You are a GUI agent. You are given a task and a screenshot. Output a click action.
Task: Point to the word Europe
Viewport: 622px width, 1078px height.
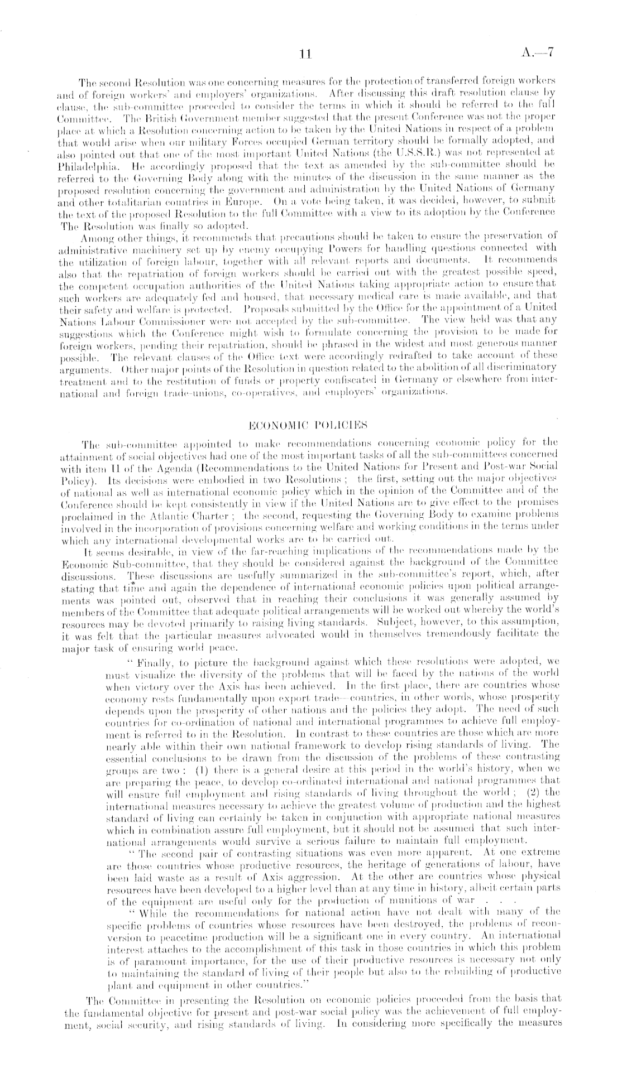tap(241, 200)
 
